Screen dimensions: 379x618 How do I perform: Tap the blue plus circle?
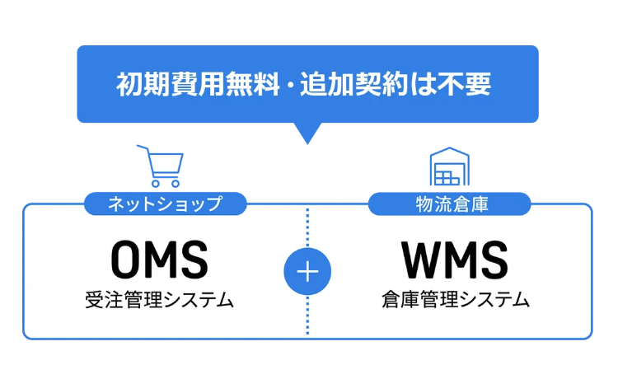(x=307, y=272)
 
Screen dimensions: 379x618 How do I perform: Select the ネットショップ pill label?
(x=165, y=204)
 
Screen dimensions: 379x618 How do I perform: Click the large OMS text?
(x=159, y=260)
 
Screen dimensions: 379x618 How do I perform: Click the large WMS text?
(x=455, y=260)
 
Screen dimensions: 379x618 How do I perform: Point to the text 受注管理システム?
(x=159, y=299)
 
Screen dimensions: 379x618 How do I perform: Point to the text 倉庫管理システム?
(x=455, y=299)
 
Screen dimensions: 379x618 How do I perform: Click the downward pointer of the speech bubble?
(x=307, y=133)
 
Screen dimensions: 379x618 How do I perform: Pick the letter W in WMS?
(x=419, y=260)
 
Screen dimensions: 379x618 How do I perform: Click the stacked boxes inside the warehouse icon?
(x=447, y=175)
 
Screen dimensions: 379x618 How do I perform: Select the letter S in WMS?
(x=492, y=260)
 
